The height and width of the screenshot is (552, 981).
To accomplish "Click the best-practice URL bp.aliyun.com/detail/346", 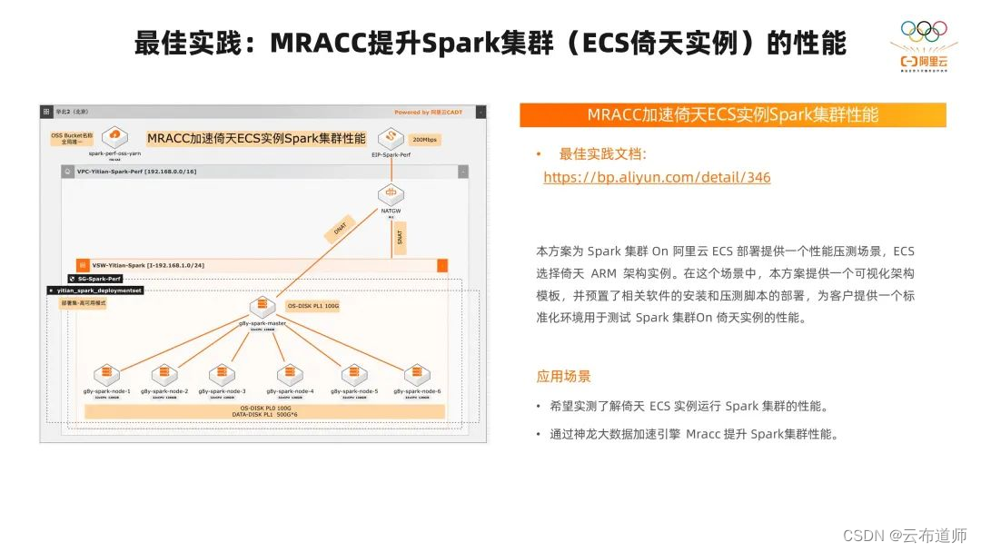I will pyautogui.click(x=656, y=177).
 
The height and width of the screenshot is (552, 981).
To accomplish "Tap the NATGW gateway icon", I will pyautogui.click(x=392, y=192).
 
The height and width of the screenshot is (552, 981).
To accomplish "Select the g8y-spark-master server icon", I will pyautogui.click(x=263, y=307).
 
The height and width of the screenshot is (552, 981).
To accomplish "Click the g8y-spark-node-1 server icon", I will pyautogui.click(x=105, y=373).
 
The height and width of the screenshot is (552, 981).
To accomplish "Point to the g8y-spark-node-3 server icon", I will pyautogui.click(x=223, y=373).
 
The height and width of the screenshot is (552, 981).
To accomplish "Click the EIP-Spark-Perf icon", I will pyautogui.click(x=392, y=137).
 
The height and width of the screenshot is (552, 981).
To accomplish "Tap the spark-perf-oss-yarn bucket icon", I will pyautogui.click(x=114, y=138).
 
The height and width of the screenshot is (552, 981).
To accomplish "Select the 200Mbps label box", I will pyautogui.click(x=425, y=140).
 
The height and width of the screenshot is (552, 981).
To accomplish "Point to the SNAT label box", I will pyautogui.click(x=400, y=237).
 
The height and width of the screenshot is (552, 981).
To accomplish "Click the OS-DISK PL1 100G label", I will pyautogui.click(x=313, y=306).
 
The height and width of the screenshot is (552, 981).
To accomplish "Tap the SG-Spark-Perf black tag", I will pyautogui.click(x=95, y=278).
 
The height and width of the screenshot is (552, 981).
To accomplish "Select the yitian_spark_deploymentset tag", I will pyautogui.click(x=94, y=291).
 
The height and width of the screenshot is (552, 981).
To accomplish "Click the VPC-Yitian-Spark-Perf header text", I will pyautogui.click(x=136, y=171).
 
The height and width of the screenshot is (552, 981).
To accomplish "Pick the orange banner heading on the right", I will pyautogui.click(x=732, y=115).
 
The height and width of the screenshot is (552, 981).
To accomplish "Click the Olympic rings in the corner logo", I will pyautogui.click(x=923, y=31).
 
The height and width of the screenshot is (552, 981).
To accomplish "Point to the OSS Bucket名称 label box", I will pyautogui.click(x=72, y=138).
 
